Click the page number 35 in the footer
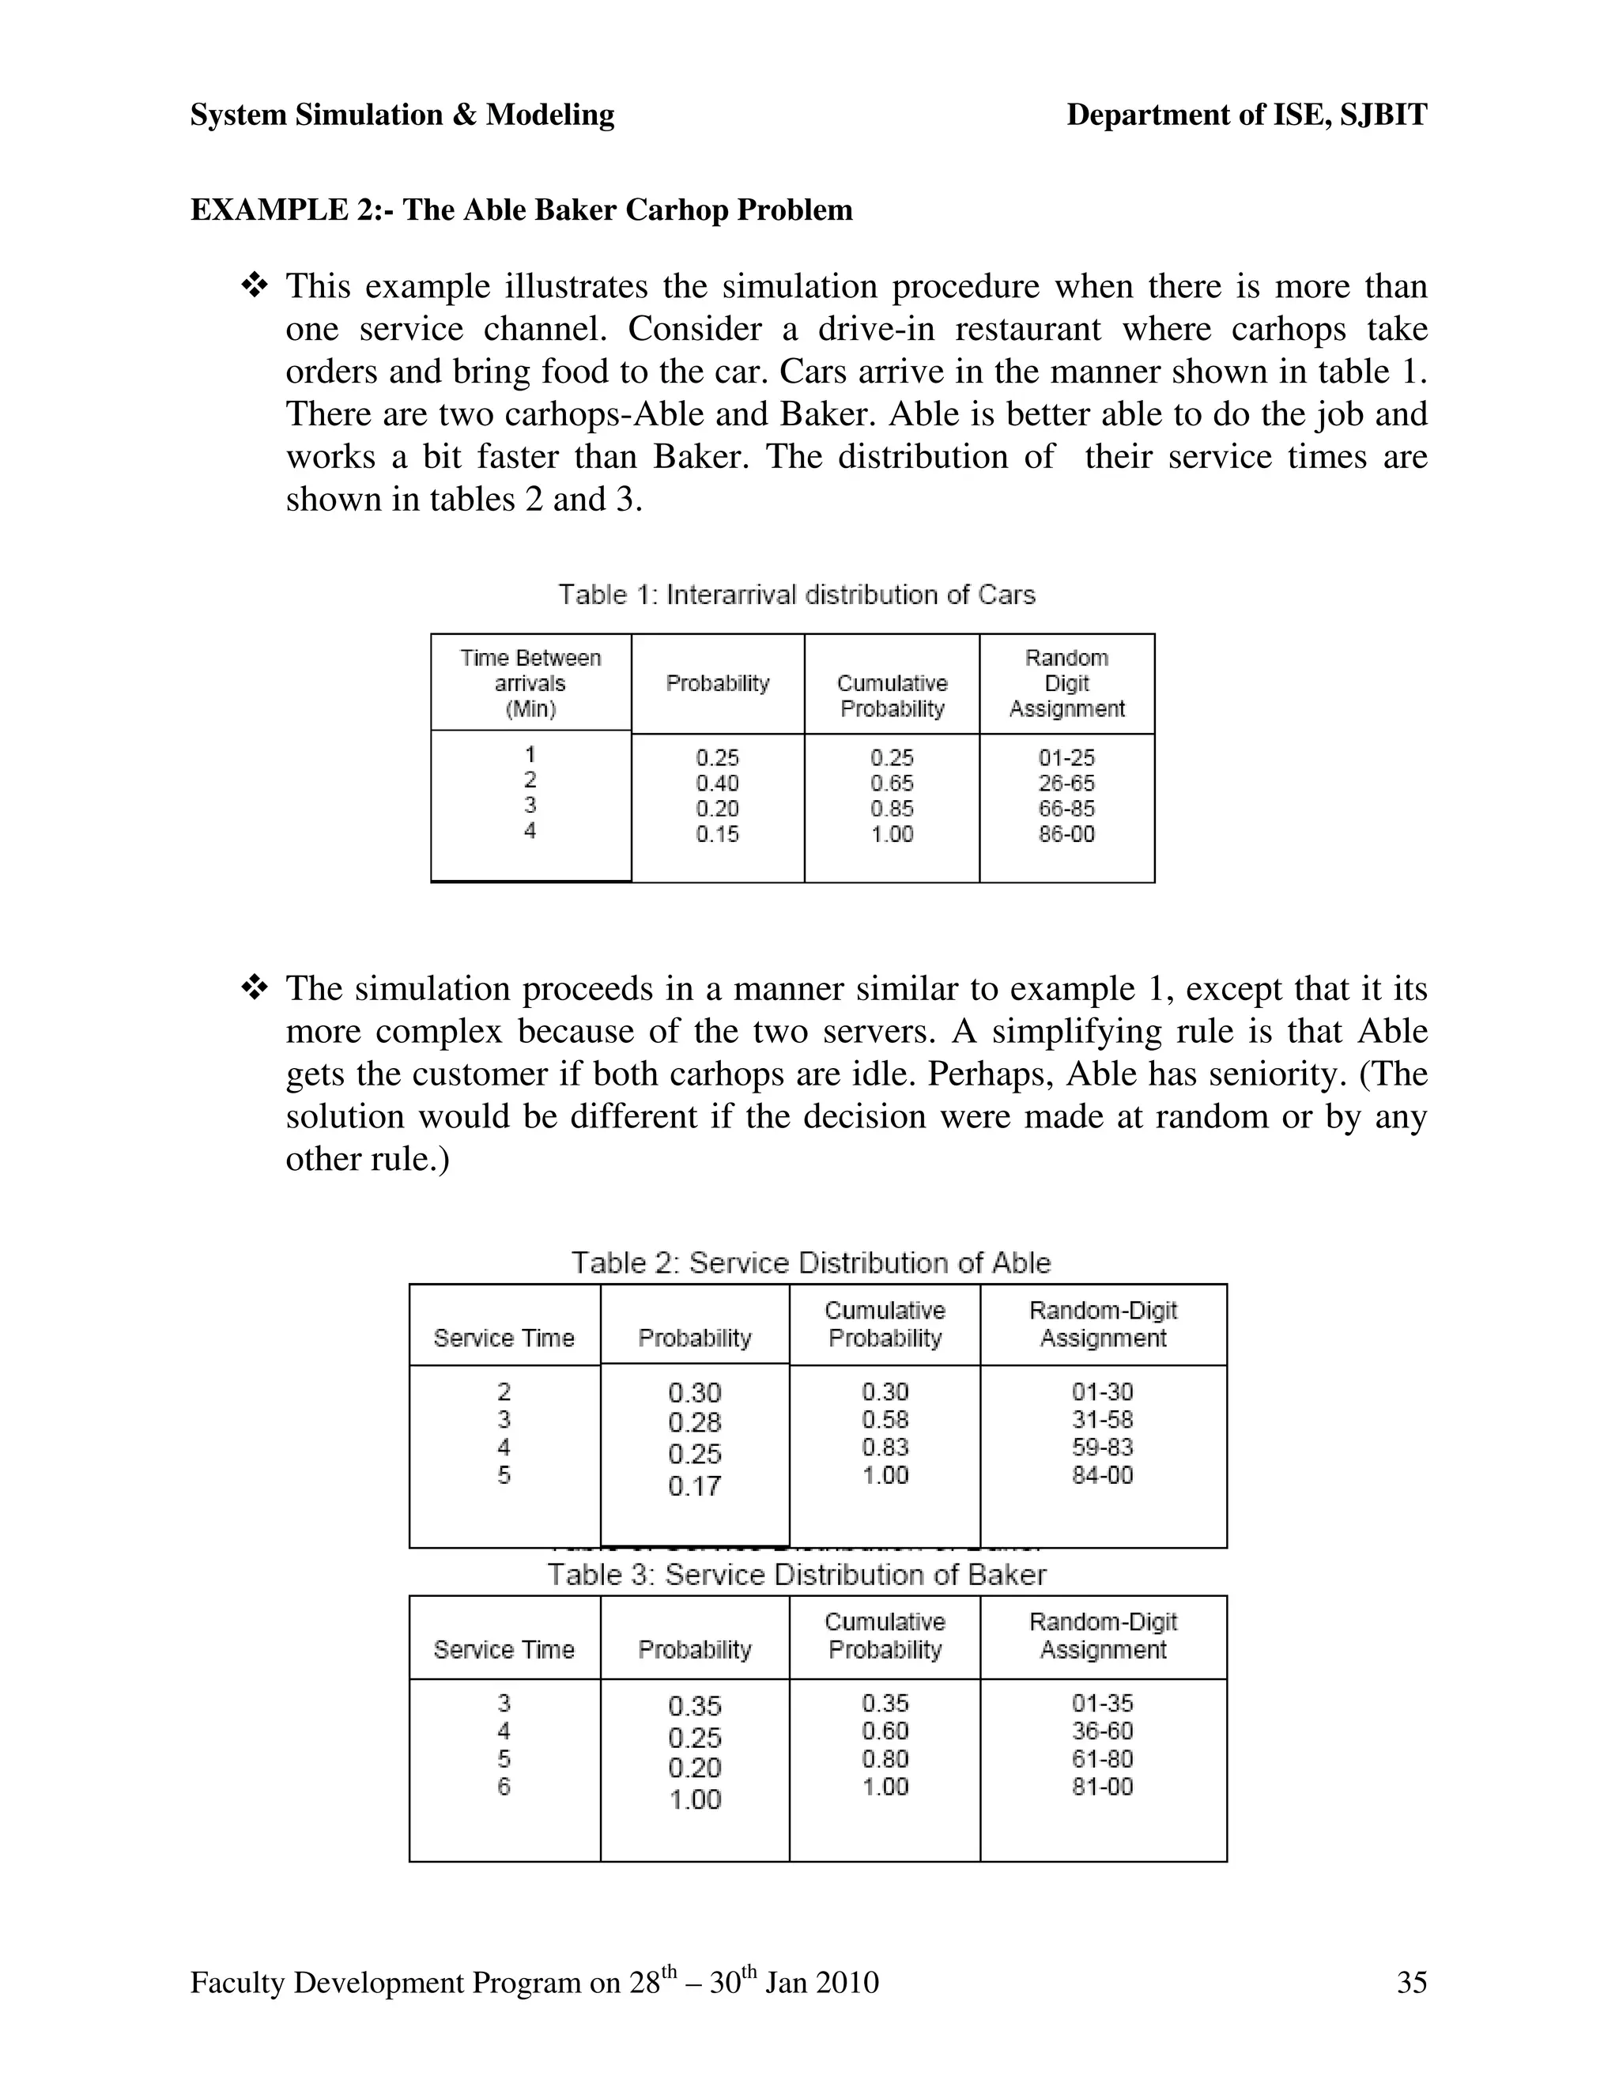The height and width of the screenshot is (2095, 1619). [x=1412, y=1982]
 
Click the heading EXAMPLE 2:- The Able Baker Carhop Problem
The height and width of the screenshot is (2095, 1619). [x=522, y=209]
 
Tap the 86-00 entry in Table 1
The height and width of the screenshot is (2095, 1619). [x=1066, y=833]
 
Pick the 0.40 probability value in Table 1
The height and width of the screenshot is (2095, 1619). [x=718, y=783]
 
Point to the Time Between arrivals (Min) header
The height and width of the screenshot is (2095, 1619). [x=530, y=683]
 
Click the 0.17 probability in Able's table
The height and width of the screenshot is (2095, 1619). [x=694, y=1486]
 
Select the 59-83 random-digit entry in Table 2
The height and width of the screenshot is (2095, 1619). [x=1102, y=1447]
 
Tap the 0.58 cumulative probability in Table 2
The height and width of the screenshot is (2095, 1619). [x=885, y=1419]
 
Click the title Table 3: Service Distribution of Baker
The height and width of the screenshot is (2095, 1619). [x=797, y=1574]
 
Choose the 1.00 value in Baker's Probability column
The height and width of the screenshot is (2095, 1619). [x=694, y=1799]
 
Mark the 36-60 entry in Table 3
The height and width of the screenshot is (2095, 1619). [x=1102, y=1731]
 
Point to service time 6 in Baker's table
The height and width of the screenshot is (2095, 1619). [x=504, y=1786]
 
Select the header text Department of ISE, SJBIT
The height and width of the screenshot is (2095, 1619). [x=1247, y=115]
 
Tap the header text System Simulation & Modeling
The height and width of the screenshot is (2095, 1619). [x=402, y=115]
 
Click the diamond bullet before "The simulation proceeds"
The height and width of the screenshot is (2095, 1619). [x=255, y=987]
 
